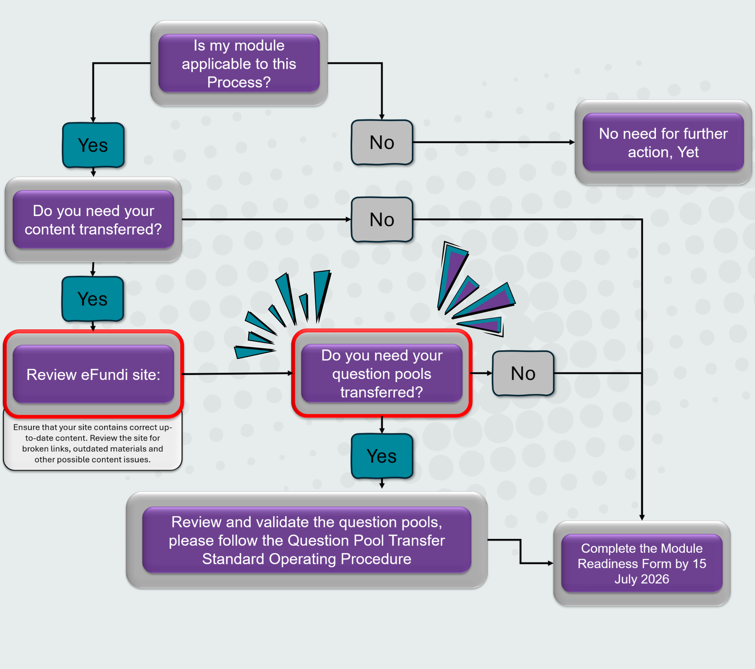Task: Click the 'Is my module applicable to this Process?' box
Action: tap(239, 63)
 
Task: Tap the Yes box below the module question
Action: tap(93, 145)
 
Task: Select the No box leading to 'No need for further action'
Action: tap(382, 142)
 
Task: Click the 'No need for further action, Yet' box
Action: tap(663, 142)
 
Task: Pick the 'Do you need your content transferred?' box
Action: tap(93, 220)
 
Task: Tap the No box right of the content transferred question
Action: tap(382, 220)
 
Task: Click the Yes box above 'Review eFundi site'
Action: tap(93, 299)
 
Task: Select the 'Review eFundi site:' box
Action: tap(93, 374)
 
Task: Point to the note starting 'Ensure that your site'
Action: tap(93, 443)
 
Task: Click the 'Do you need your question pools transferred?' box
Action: tap(381, 373)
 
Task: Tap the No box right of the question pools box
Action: tap(523, 373)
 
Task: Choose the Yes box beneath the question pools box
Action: tap(382, 456)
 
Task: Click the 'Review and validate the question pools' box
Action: tap(307, 540)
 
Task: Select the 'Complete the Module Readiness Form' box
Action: tap(642, 564)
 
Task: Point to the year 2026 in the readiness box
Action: tap(655, 579)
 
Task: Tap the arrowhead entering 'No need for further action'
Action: tap(572, 142)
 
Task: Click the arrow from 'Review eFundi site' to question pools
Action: tap(238, 373)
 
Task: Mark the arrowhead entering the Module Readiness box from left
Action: tap(551, 564)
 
